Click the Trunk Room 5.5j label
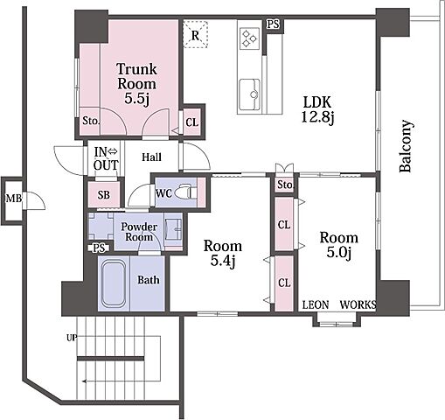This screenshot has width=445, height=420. click(136, 84)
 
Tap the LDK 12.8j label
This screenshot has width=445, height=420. click(317, 110)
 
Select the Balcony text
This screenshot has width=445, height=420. click(406, 145)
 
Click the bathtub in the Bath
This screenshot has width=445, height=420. click(114, 283)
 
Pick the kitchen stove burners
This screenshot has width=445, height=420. click(249, 38)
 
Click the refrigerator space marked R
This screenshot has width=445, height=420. click(195, 34)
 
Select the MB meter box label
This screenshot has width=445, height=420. click(14, 199)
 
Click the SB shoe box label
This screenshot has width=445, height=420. click(104, 194)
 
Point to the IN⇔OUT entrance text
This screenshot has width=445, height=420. click(106, 158)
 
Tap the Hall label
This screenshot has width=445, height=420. click(151, 157)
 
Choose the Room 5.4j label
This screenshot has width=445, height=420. click(223, 253)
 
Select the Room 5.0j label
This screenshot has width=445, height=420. click(339, 244)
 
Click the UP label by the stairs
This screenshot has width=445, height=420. click(72, 338)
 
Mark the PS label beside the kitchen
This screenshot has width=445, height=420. click(273, 24)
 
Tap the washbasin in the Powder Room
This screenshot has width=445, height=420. click(173, 230)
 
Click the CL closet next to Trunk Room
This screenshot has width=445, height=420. click(192, 122)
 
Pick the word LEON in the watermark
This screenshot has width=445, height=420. click(316, 304)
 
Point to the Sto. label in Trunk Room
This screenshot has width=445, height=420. click(91, 121)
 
